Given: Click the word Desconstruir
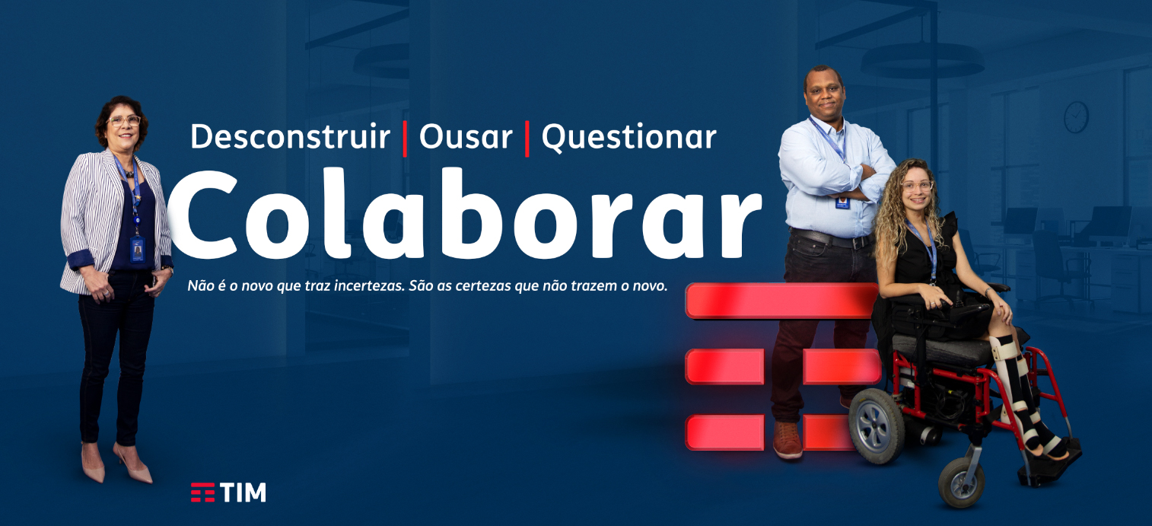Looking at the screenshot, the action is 290,137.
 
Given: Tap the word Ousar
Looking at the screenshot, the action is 466,138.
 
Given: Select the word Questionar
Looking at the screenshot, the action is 629,138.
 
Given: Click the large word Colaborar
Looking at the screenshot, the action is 466,214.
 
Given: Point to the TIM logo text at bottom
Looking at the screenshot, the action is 243,493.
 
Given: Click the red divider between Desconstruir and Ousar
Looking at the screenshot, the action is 405,139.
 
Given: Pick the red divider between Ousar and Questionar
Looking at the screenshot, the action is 527,139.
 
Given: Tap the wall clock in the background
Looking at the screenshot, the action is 1076,116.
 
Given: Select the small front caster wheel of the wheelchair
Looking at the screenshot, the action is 962,483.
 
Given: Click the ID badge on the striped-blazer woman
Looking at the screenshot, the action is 137,250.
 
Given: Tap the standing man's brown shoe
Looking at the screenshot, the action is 787,439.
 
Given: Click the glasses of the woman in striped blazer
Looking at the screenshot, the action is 124,121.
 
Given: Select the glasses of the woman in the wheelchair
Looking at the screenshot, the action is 916,186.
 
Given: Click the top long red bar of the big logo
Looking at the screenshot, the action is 781,301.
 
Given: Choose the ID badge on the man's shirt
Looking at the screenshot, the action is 842,202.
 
